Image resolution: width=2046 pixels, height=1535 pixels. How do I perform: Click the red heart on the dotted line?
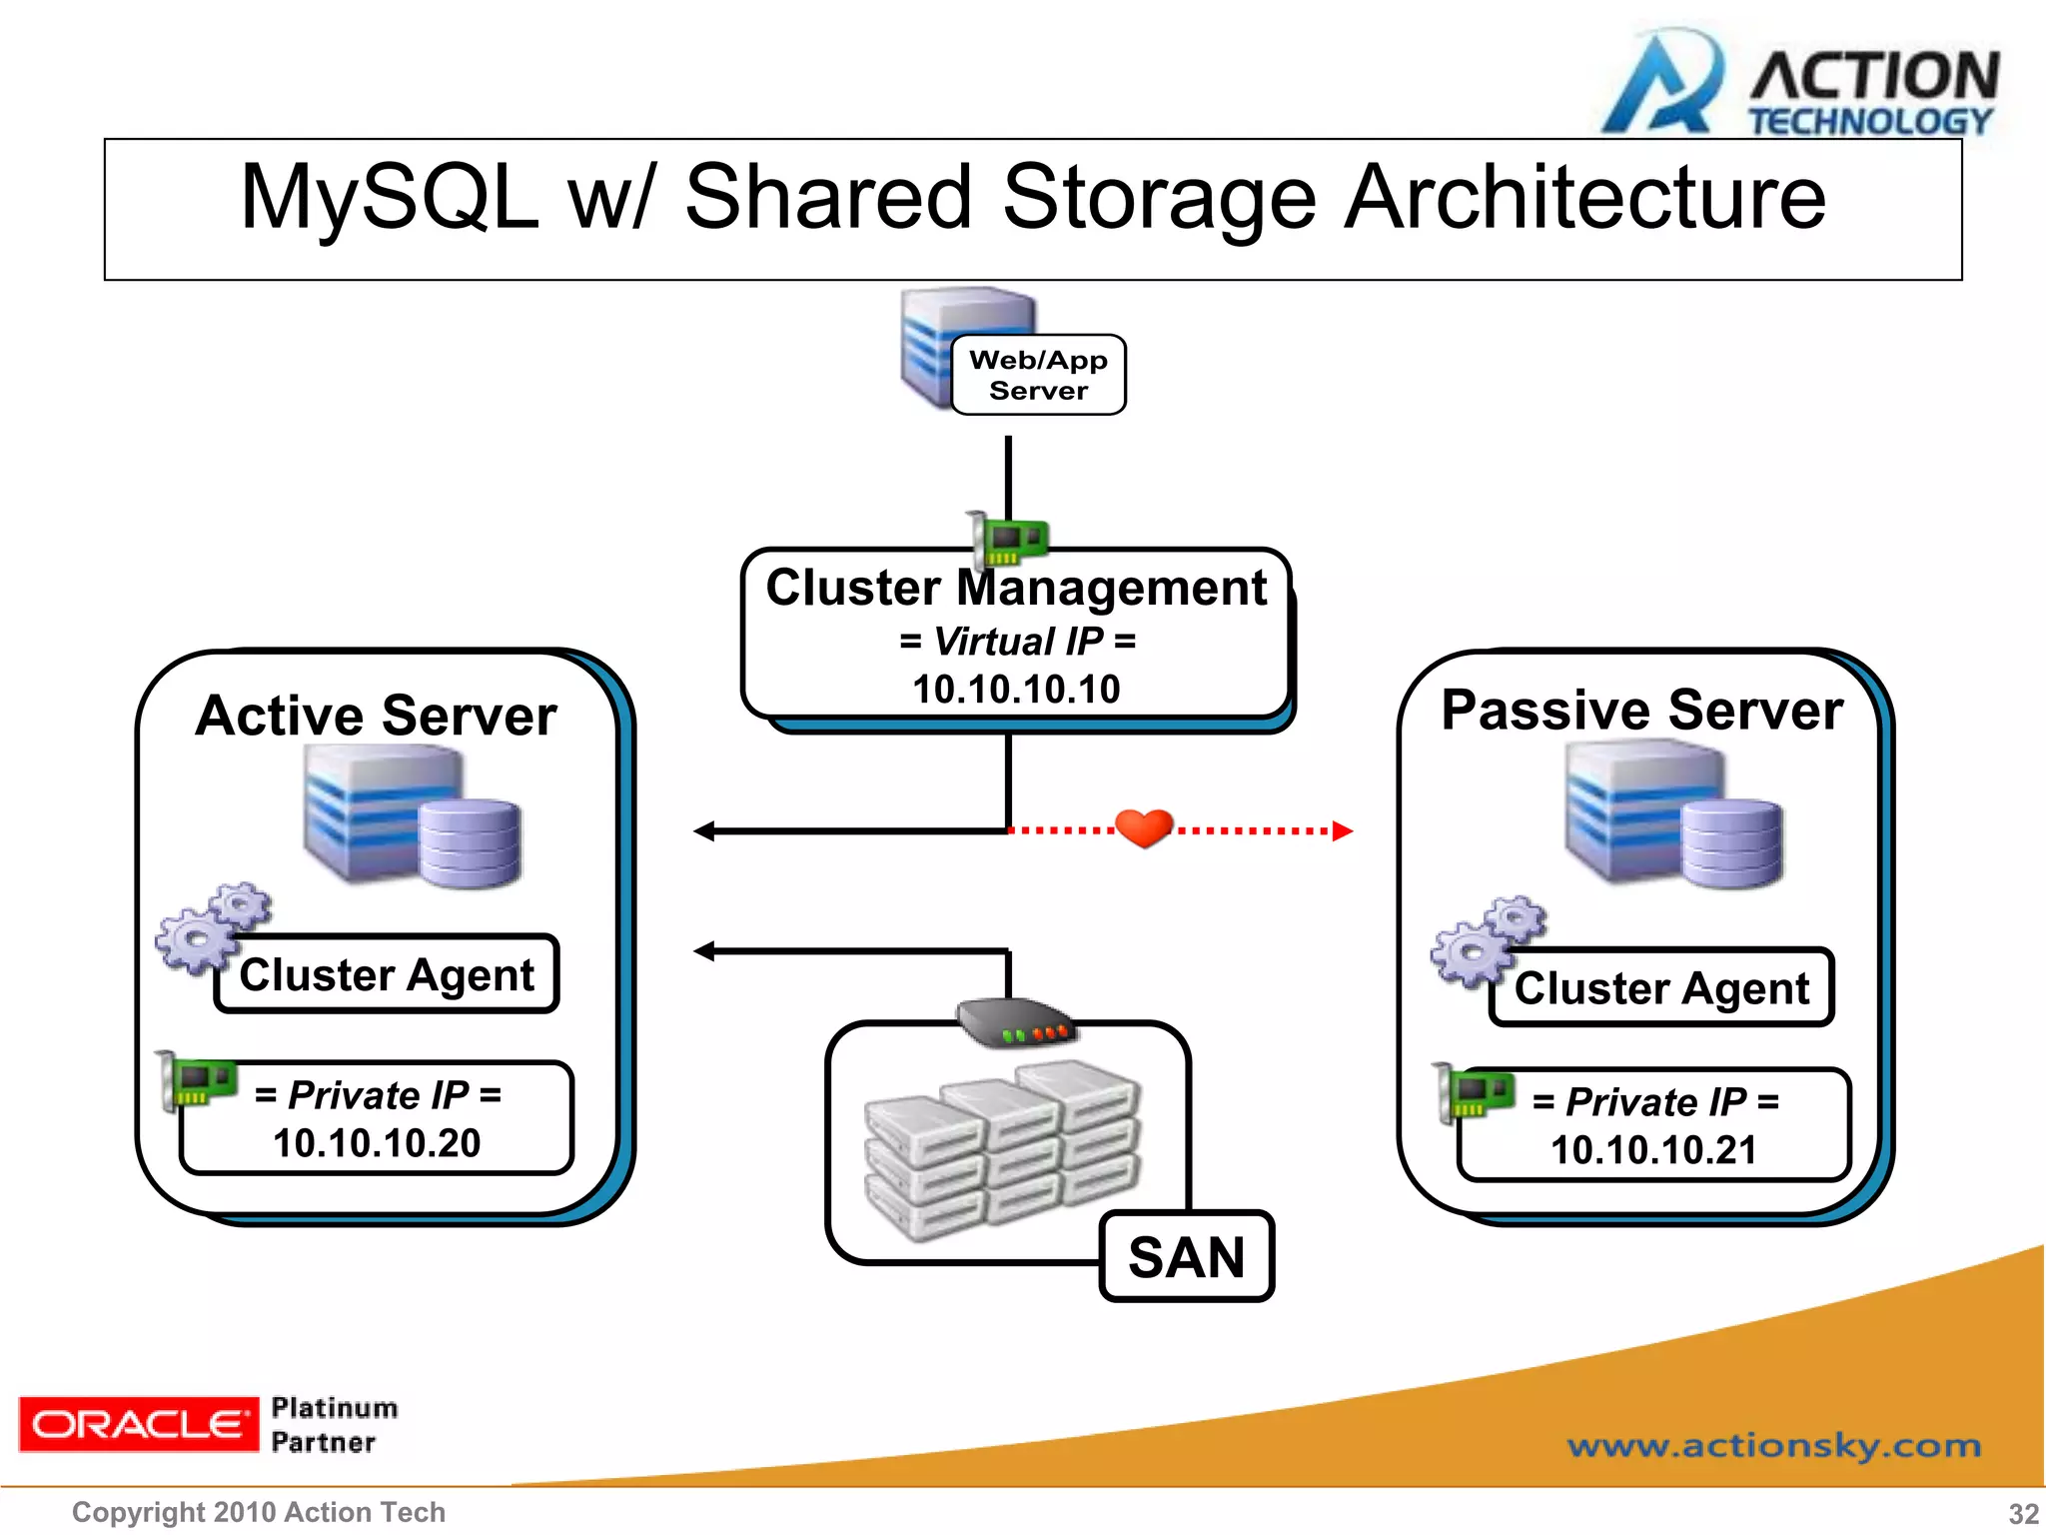pyautogui.click(x=1143, y=827)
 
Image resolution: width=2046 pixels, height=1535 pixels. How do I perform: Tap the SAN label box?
pyautogui.click(x=1186, y=1256)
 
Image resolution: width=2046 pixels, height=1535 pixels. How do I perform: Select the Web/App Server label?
pyautogui.click(x=1038, y=375)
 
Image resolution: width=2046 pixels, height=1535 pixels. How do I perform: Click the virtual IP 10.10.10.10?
pyautogui.click(x=1016, y=689)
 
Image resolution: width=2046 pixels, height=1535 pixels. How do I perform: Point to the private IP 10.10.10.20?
pyautogui.click(x=377, y=1142)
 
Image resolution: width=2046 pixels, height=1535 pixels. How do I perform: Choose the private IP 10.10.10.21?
pyautogui.click(x=1653, y=1149)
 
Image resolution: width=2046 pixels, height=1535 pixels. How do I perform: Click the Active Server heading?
pyautogui.click(x=377, y=716)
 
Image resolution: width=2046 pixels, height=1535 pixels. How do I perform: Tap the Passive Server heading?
pyautogui.click(x=1641, y=711)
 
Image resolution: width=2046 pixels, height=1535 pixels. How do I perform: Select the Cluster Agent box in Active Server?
pyautogui.click(x=387, y=974)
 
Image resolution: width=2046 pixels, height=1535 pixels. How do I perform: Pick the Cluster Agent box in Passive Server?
pyautogui.click(x=1661, y=987)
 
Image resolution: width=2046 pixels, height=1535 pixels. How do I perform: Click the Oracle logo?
pyautogui.click(x=138, y=1423)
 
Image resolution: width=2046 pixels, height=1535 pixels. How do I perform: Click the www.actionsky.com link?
pyautogui.click(x=1773, y=1445)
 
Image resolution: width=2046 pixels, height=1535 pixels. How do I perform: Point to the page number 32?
pyautogui.click(x=2023, y=1513)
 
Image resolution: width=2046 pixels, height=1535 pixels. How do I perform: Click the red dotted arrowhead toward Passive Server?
pyautogui.click(x=1342, y=830)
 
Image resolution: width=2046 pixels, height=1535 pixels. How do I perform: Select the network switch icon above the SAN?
pyautogui.click(x=1014, y=1022)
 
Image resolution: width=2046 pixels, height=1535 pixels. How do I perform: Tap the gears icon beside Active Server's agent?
pyautogui.click(x=211, y=926)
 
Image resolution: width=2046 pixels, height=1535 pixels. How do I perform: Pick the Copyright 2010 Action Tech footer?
pyautogui.click(x=259, y=1512)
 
